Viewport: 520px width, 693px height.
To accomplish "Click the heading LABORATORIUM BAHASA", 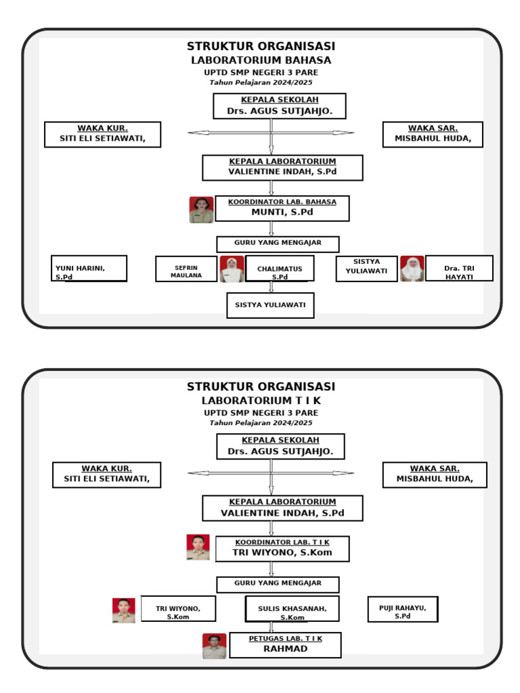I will [261, 60].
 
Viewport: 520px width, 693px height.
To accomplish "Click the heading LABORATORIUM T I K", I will [261, 401].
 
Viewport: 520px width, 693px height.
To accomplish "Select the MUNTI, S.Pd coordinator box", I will [282, 208].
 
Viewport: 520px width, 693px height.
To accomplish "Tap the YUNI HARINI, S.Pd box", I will [89, 268].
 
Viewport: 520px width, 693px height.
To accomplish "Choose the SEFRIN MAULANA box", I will [186, 269].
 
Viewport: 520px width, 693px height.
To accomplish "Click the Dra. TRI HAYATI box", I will [458, 269].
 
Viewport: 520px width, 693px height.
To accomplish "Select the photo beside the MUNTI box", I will [201, 210].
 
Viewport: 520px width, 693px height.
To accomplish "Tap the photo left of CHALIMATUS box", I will [232, 269].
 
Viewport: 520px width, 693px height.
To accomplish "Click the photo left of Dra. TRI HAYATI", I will [412, 269].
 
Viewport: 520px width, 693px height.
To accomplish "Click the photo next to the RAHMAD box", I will [214, 646].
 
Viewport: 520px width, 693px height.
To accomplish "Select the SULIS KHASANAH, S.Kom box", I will [292, 609].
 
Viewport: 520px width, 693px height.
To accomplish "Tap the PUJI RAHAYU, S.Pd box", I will [402, 609].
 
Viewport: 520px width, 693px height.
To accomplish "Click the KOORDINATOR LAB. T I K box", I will [282, 549].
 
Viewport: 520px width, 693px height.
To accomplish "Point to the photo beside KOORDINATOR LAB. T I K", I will [198, 547].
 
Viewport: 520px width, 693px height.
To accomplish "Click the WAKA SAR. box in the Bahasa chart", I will [433, 135].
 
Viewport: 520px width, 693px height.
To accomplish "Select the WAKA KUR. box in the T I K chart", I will [106, 474].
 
